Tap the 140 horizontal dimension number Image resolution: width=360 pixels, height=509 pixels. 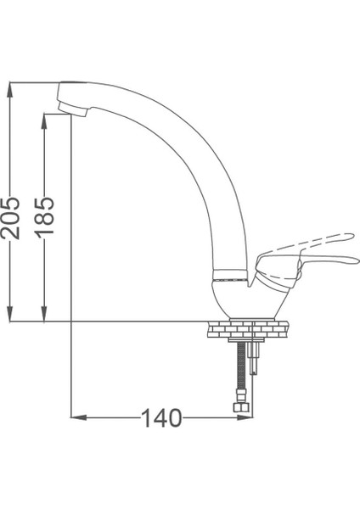(161, 417)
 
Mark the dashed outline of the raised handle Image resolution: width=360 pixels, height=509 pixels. (327, 238)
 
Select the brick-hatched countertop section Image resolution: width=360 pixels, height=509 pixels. (245, 327)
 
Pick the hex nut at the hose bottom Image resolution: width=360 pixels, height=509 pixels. (241, 408)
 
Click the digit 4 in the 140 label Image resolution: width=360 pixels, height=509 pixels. (161, 417)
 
